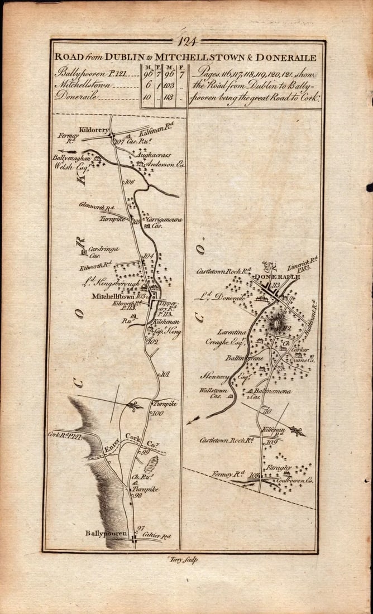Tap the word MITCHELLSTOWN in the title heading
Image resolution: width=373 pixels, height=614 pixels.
(x=193, y=57)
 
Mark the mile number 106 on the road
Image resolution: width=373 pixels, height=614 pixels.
(x=130, y=182)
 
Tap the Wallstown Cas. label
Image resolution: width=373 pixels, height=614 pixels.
(x=211, y=394)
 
